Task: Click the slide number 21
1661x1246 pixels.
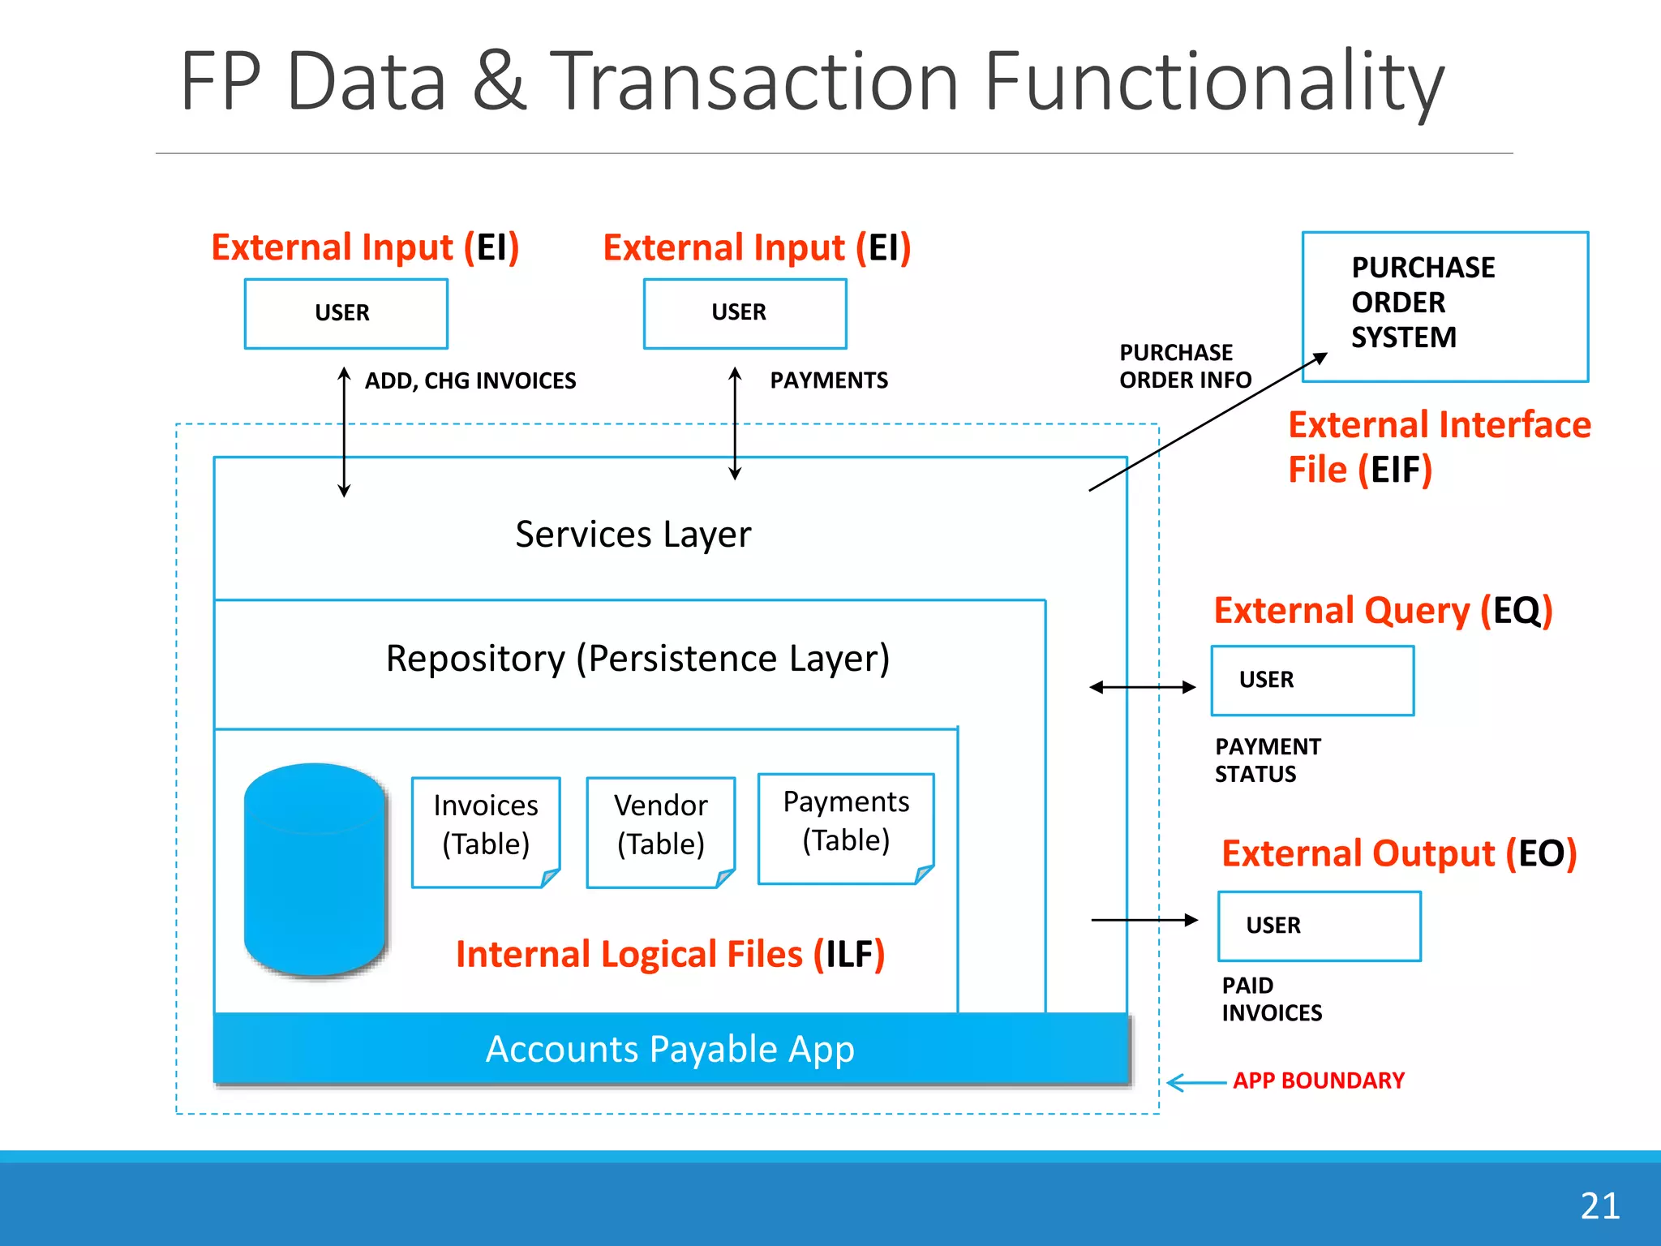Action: pyautogui.click(x=1599, y=1206)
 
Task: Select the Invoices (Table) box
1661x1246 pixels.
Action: pyautogui.click(x=486, y=831)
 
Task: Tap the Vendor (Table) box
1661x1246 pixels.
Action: pyautogui.click(x=661, y=831)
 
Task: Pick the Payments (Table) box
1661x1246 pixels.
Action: pyautogui.click(x=846, y=827)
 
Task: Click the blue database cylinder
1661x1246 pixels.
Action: pyautogui.click(x=315, y=870)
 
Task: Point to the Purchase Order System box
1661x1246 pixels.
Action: pyautogui.click(x=1444, y=307)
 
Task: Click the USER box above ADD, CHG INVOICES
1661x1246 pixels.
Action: pyautogui.click(x=346, y=314)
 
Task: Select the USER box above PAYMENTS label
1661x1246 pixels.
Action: pyautogui.click(x=745, y=314)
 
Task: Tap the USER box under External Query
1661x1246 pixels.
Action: pyautogui.click(x=1312, y=681)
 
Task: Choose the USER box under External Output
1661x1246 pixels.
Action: pyautogui.click(x=1319, y=926)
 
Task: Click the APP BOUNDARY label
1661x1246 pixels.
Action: pyautogui.click(x=1319, y=1081)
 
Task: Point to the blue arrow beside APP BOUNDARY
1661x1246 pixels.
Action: pyautogui.click(x=1195, y=1082)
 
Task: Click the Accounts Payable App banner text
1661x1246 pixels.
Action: pyautogui.click(x=670, y=1049)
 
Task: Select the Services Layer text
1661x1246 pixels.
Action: pyautogui.click(x=633, y=535)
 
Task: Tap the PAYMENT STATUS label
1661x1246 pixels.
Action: pyautogui.click(x=1267, y=760)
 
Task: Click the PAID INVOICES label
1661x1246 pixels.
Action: pyautogui.click(x=1271, y=999)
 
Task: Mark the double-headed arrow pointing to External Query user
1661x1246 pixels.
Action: pyautogui.click(x=1142, y=688)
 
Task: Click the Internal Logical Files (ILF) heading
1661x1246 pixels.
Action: pyautogui.click(x=670, y=954)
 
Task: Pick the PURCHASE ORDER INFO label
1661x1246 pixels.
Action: pyautogui.click(x=1184, y=366)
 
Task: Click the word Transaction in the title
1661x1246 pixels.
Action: pyautogui.click(x=756, y=81)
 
